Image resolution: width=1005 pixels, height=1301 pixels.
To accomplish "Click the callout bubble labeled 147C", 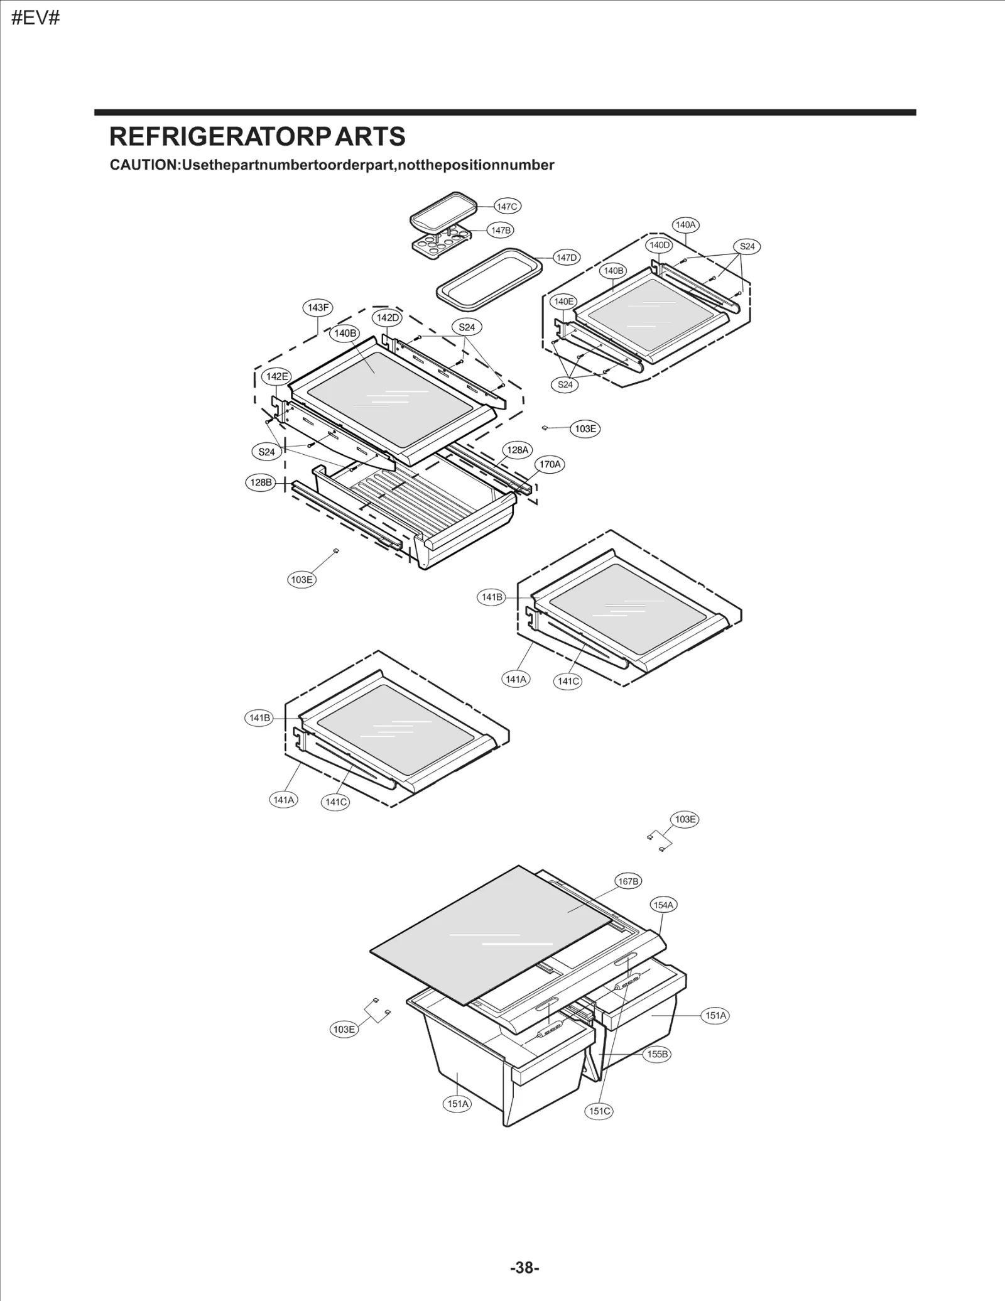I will coord(506,206).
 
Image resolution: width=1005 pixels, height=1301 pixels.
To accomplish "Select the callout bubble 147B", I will coord(501,231).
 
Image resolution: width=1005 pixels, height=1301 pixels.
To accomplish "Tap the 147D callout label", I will coord(566,258).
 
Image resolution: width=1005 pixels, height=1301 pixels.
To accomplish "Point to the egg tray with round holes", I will coord(440,242).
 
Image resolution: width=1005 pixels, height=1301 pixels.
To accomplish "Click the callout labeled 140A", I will coord(686,224).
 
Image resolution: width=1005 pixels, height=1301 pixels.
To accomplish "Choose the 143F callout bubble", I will coord(318,307).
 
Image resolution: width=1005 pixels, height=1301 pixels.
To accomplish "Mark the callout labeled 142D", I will coord(388,317).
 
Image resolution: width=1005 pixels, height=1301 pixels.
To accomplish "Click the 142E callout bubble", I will coord(277,376).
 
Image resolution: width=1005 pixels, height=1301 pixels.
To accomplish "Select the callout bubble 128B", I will coord(261,482).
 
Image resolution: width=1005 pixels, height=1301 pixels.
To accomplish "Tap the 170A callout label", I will coord(550,464).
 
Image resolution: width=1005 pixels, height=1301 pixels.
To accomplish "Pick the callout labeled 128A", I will coord(518,450).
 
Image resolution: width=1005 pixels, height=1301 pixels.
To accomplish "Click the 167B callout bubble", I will coord(628,881).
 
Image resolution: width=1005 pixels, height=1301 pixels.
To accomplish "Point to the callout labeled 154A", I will coord(663,905).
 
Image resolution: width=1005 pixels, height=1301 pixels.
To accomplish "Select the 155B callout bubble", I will coord(657,1053).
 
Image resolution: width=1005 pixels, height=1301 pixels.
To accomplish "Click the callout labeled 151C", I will coord(599,1111).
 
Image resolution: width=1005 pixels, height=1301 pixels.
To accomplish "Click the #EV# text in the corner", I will coord(36,18).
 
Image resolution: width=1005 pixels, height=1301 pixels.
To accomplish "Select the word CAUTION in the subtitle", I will coord(144,165).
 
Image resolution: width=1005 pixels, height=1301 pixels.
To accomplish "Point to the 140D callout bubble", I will coord(660,245).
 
